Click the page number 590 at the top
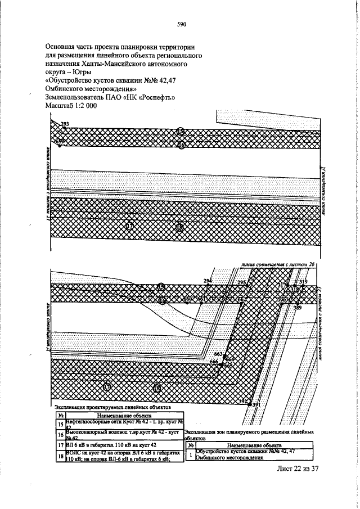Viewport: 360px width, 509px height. pos(181,25)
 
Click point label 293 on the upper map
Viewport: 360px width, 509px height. pos(65,124)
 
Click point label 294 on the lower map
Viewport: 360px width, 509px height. pos(208,281)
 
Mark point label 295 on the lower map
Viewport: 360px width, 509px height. pos(242,282)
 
